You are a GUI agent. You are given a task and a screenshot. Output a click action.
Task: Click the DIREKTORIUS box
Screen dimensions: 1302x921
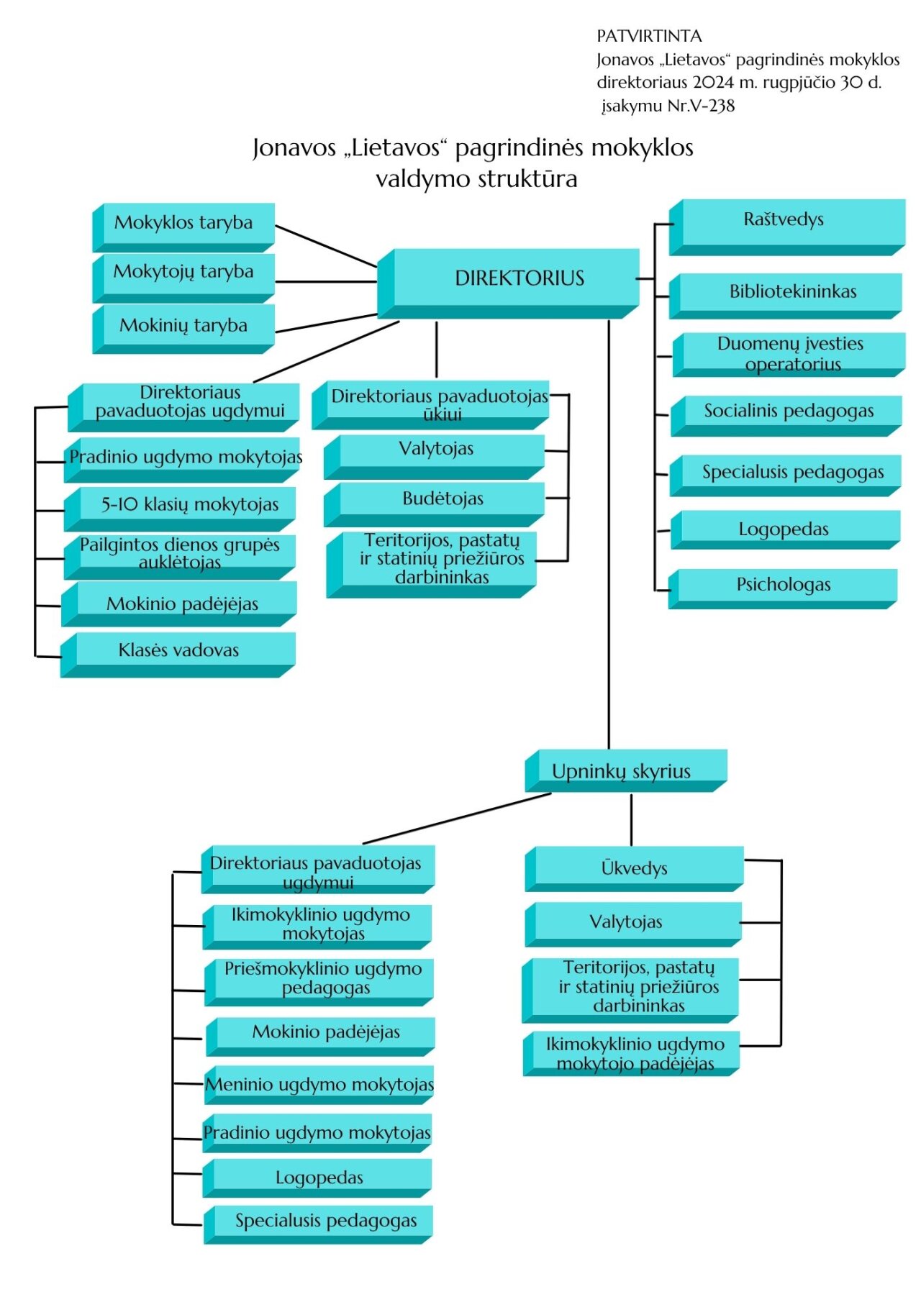tap(519, 278)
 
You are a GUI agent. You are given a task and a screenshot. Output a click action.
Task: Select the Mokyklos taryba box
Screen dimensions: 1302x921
tap(183, 223)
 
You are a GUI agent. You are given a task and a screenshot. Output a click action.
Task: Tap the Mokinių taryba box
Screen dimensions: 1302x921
tap(183, 326)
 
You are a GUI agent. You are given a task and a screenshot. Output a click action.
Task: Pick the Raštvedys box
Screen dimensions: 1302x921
tap(784, 220)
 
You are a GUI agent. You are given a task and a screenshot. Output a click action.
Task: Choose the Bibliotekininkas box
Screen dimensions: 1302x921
tap(792, 292)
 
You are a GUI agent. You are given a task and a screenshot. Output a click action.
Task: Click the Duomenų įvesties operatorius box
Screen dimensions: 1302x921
tap(791, 353)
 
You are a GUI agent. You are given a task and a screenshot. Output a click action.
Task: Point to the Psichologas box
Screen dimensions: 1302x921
tap(783, 586)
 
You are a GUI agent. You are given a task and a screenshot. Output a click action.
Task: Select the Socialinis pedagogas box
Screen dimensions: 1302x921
tap(788, 411)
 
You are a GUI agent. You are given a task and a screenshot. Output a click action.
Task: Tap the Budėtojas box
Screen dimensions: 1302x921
tap(443, 499)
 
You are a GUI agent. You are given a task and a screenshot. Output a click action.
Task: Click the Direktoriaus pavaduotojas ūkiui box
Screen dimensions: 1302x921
tap(439, 404)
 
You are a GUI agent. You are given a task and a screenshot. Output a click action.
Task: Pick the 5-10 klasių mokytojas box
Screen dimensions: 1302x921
tap(189, 505)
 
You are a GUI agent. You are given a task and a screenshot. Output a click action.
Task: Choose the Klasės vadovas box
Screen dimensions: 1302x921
tap(178, 651)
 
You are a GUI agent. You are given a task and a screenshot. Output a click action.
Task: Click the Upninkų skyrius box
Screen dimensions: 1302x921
tap(621, 771)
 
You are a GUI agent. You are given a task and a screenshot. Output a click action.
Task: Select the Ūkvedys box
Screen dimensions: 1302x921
tap(634, 869)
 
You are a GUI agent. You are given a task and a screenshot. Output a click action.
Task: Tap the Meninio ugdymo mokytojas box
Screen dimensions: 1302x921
tap(319, 1085)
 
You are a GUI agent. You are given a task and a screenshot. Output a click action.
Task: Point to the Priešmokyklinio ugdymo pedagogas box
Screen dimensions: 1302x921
tap(323, 978)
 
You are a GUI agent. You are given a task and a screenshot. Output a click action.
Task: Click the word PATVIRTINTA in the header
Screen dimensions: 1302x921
tap(649, 36)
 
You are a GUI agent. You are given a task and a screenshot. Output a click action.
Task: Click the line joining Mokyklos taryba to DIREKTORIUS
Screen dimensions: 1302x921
tap(326, 246)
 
